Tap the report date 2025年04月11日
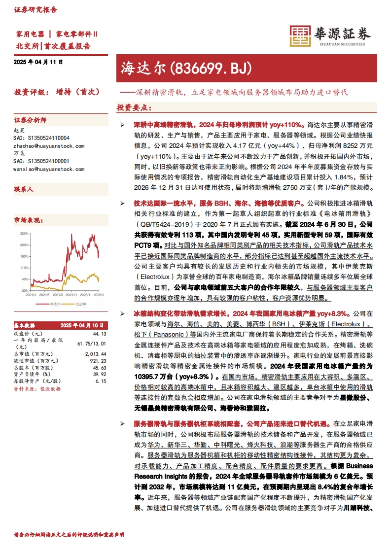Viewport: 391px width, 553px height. (38, 63)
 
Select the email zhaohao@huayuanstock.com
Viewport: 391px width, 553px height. (48, 146)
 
